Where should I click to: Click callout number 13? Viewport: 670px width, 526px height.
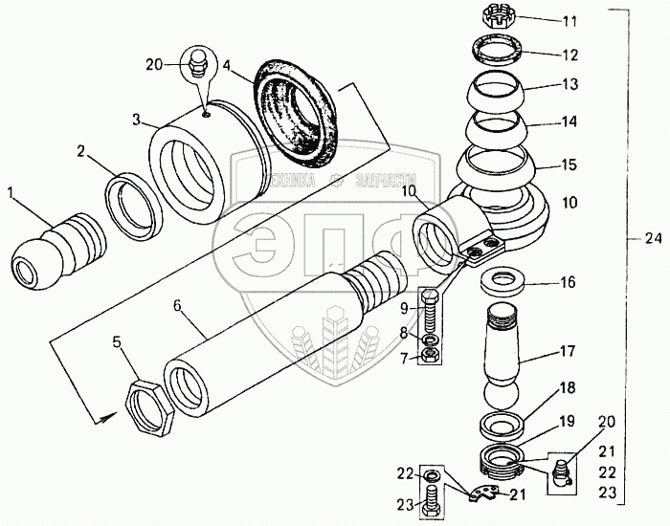point(571,85)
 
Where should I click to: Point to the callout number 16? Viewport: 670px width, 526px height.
point(568,283)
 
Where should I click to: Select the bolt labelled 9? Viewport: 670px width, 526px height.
point(430,312)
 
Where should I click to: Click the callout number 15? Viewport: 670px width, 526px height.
point(569,165)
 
